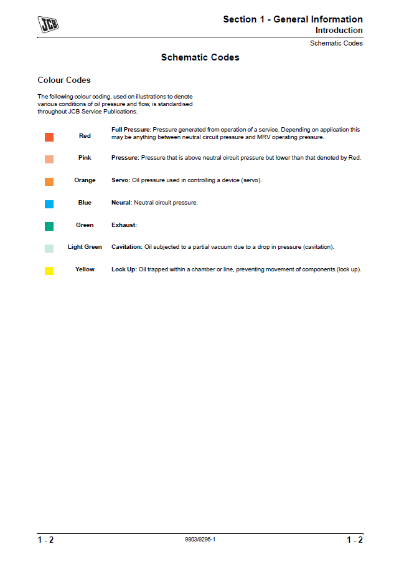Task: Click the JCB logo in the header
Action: point(49,25)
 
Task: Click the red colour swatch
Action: point(49,137)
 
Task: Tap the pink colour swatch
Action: point(49,159)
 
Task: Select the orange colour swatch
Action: point(49,182)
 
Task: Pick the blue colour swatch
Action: point(49,204)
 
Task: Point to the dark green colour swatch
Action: point(49,226)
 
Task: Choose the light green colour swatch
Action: point(49,248)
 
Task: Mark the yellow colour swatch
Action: point(49,271)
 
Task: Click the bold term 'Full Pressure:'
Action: point(131,130)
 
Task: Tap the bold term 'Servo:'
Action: point(121,180)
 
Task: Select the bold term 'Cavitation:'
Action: point(127,247)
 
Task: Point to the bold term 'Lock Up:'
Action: point(124,269)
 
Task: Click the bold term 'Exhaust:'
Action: point(124,225)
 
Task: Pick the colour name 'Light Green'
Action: point(85,247)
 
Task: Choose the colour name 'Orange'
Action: point(85,180)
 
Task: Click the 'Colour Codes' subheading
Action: point(64,80)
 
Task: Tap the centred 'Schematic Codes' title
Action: point(200,57)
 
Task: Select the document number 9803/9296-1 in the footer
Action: point(200,540)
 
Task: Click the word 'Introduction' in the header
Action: point(339,30)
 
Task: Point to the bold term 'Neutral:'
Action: point(122,203)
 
